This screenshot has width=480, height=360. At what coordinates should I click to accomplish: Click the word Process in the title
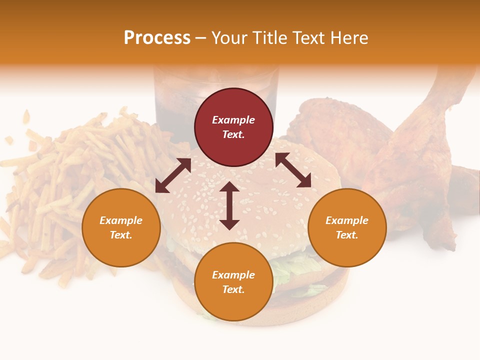coord(157,38)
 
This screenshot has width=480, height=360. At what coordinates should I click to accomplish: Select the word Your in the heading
coord(229,38)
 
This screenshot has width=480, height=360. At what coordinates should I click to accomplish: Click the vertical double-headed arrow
coord(229,205)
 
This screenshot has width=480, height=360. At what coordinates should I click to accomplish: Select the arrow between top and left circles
coord(173,175)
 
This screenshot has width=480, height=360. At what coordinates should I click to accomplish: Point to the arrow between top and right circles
coord(293,170)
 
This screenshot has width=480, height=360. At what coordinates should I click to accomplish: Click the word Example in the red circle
coord(233,120)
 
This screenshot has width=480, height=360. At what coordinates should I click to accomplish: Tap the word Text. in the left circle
coord(121,235)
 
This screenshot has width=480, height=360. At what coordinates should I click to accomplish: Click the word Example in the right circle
coord(347,220)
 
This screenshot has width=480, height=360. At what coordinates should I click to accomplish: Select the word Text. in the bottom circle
coord(233,289)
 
